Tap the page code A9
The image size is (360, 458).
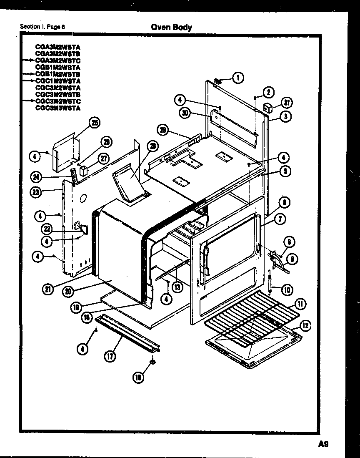323,444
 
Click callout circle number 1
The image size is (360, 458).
238,77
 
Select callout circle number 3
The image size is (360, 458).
285,117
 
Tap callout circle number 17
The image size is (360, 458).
110,356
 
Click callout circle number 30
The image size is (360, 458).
185,113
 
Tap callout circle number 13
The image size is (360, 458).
178,287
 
